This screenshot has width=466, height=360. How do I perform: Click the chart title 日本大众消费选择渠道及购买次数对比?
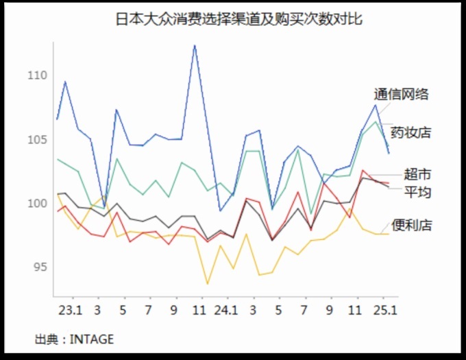pos(238,19)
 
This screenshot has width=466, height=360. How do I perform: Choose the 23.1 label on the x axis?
pos(71,310)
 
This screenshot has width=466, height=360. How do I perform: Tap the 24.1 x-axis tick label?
pos(226,310)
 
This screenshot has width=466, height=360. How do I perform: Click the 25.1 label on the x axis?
pos(382,310)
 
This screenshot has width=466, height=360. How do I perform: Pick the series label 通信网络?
pos(402,95)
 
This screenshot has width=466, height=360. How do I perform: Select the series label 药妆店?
pos(410,132)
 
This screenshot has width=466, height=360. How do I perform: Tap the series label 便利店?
pos(411,224)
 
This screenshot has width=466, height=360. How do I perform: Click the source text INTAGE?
pos(92,339)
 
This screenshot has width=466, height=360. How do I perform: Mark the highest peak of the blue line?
pos(195,45)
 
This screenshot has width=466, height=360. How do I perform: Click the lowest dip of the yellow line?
pos(207,283)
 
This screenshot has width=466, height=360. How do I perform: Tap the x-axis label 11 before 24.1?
pos(200,310)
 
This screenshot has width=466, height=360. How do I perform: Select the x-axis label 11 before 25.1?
pos(356,310)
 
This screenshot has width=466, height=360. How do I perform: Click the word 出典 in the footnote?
pos(47,339)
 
